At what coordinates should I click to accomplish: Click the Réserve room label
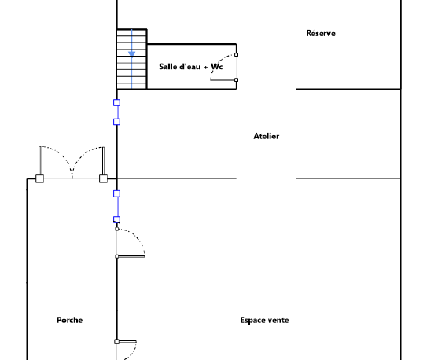pyautogui.click(x=321, y=33)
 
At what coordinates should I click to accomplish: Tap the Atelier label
pyautogui.click(x=267, y=136)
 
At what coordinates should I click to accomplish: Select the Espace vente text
pyautogui.click(x=264, y=320)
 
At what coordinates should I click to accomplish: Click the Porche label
pyautogui.click(x=70, y=320)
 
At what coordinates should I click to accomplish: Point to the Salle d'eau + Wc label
pyautogui.click(x=191, y=67)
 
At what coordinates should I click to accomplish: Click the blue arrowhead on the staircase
pyautogui.click(x=132, y=54)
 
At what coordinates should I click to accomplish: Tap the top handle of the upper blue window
pyautogui.click(x=117, y=103)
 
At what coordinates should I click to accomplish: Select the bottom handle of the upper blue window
pyautogui.click(x=117, y=122)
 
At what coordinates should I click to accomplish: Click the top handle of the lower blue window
pyautogui.click(x=117, y=193)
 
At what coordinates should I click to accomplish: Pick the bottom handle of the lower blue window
pyautogui.click(x=117, y=220)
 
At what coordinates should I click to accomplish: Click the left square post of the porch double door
pyautogui.click(x=40, y=178)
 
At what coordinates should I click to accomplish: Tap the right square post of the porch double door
pyautogui.click(x=103, y=178)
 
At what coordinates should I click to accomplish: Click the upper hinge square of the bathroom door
pyautogui.click(x=236, y=55)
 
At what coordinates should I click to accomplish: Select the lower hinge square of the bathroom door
pyautogui.click(x=236, y=80)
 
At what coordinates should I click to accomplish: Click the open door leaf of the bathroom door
pyautogui.click(x=223, y=80)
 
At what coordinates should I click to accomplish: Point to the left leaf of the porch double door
pyautogui.click(x=40, y=161)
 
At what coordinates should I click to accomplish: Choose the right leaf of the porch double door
pyautogui.click(x=103, y=161)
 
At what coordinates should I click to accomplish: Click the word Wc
pyautogui.click(x=217, y=67)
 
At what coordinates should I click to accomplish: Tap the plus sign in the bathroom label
pyautogui.click(x=205, y=68)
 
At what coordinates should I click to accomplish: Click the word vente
pyautogui.click(x=279, y=321)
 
